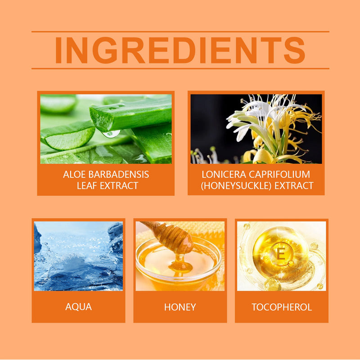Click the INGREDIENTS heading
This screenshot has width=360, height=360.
point(180,50)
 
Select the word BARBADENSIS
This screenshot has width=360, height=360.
point(119,175)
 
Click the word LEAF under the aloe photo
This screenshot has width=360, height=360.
point(87,185)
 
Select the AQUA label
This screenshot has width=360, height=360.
point(78,307)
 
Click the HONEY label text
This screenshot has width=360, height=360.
point(180,307)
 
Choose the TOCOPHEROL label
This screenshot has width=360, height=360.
point(282,307)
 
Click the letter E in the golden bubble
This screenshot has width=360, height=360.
point(281,254)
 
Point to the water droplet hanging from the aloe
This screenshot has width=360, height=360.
point(111,134)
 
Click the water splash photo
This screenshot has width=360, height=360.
point(78,256)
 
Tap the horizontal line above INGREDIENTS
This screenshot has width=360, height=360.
point(180,31)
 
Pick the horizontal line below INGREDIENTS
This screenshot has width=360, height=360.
point(180,68)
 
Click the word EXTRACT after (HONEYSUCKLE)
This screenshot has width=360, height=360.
point(294,185)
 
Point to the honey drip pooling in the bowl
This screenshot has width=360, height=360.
point(180,266)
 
